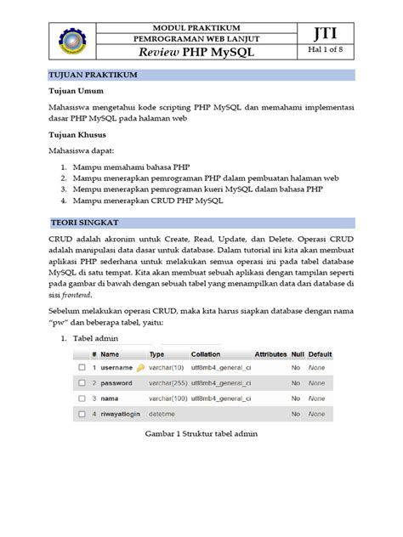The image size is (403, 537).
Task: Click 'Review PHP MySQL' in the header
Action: point(201,53)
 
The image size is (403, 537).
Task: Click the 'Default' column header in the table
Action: point(321,353)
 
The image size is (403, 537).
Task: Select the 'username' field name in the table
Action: point(116,368)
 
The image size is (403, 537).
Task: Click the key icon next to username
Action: point(140,368)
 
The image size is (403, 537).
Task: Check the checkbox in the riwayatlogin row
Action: point(82,414)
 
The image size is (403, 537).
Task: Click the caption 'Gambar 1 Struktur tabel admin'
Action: point(199,435)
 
